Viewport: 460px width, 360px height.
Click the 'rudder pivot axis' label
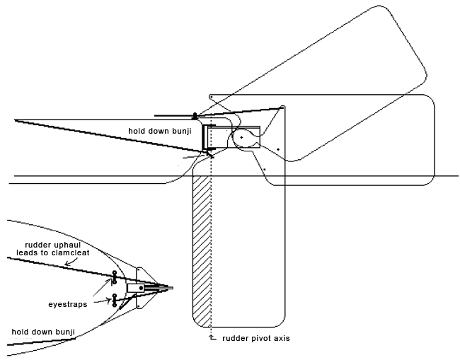coord(255,338)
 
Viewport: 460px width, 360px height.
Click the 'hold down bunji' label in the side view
coord(159,131)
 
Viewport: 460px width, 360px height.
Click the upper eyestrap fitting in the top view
coord(114,277)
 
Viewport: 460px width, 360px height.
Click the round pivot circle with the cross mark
coord(241,137)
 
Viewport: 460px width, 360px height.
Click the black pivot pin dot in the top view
coord(141,288)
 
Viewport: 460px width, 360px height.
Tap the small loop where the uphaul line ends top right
coord(282,108)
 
